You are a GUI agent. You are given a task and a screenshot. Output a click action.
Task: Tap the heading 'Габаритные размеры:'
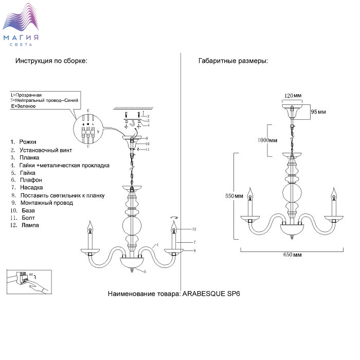tap(233, 61)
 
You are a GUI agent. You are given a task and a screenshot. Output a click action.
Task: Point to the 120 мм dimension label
tap(292, 96)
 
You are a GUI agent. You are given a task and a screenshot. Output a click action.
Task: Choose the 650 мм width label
tap(293, 255)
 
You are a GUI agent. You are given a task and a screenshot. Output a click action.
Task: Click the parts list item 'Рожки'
tap(27, 141)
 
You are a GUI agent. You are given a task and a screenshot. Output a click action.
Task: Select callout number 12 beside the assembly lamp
tap(194, 228)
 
